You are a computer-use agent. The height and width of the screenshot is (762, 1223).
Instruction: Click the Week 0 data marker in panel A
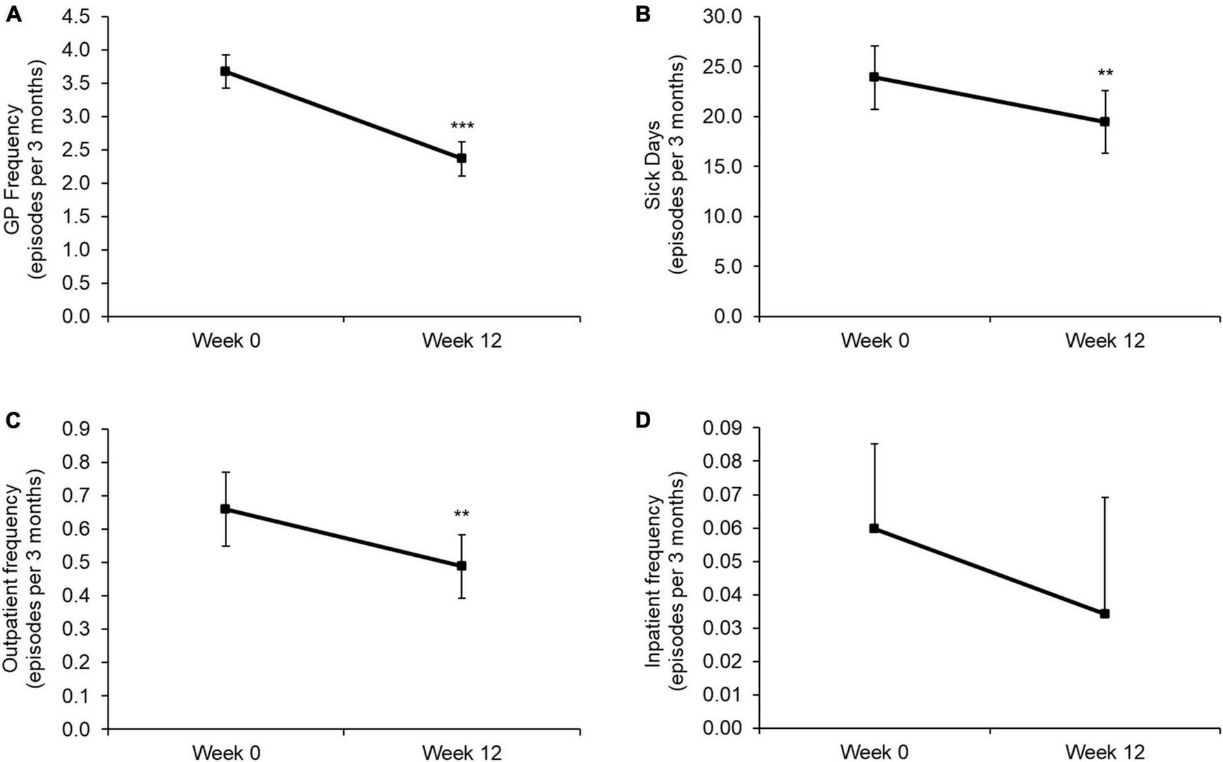[225, 71]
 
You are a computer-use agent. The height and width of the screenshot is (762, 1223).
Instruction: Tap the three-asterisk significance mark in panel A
[462, 126]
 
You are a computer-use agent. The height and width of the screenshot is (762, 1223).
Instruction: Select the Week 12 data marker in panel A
[461, 158]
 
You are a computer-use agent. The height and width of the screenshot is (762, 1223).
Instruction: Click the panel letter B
[643, 13]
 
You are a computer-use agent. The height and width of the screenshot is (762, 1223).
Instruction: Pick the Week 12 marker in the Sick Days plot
[1104, 122]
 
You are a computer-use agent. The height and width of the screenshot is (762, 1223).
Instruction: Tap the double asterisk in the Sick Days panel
[1105, 73]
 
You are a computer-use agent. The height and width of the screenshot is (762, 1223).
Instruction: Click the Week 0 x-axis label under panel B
[874, 341]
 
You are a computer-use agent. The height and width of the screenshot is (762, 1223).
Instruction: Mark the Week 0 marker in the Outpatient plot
[225, 509]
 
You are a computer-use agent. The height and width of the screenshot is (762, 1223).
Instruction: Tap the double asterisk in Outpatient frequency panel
[462, 514]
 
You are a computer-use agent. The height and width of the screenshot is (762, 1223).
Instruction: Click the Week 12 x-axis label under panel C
[462, 752]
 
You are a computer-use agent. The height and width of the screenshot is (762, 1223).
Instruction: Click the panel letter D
[643, 420]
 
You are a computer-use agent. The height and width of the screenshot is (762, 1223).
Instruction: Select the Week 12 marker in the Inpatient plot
[1104, 613]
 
